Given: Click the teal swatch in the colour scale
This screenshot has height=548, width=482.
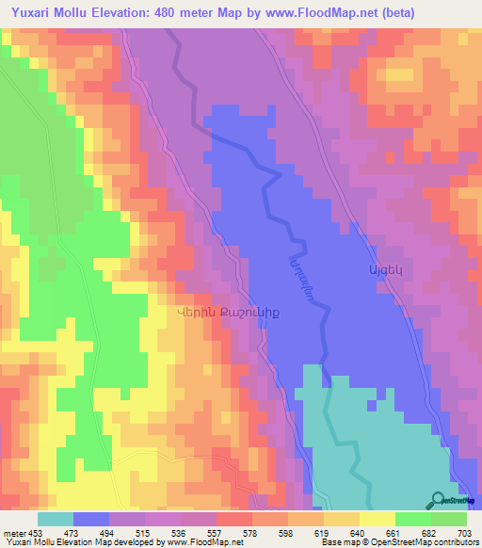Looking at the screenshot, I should tap(56, 519).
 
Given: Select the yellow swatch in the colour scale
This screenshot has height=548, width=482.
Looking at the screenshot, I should tap(377, 519).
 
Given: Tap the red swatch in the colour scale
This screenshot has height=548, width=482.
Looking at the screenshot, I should tap(233, 519).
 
